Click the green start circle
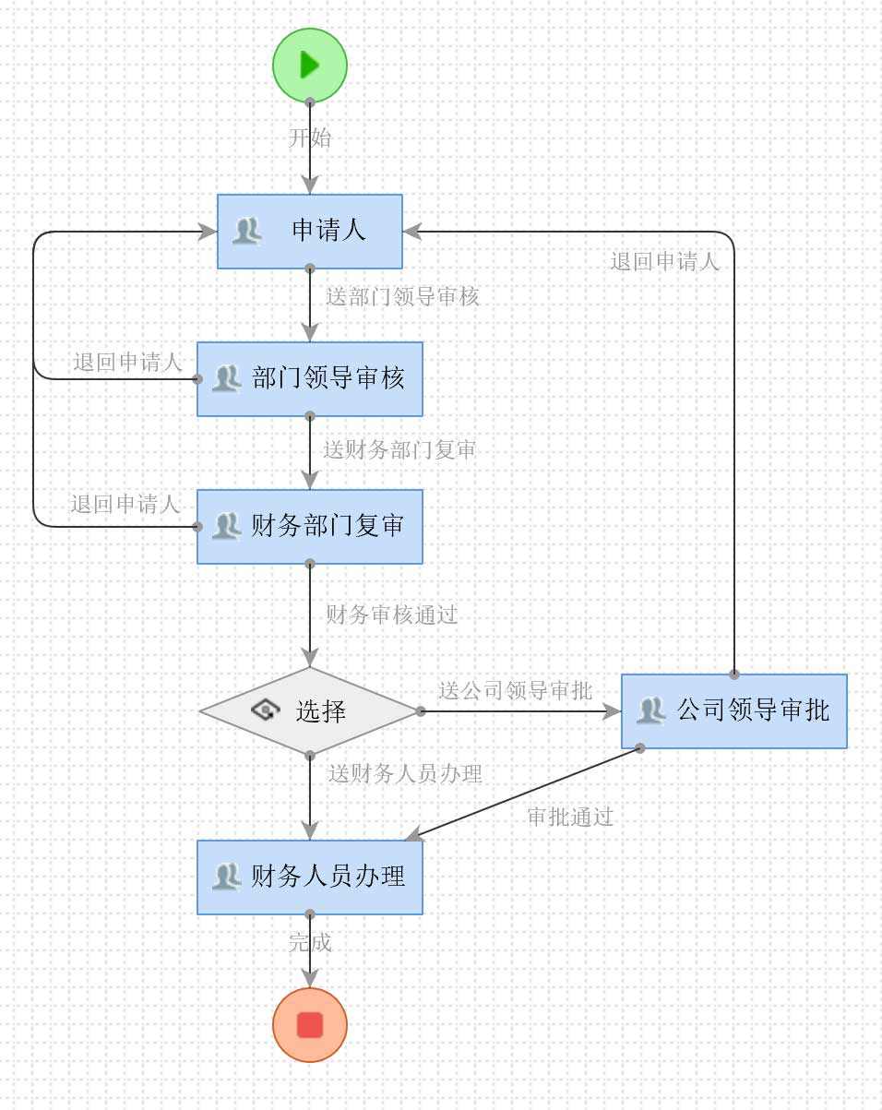click(310, 65)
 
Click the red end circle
click(310, 1024)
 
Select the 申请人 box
click(310, 231)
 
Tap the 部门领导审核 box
click(310, 378)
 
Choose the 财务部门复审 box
click(310, 526)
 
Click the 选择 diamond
click(310, 711)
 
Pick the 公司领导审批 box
click(734, 710)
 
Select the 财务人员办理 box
click(310, 877)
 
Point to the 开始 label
click(310, 138)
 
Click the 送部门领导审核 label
click(402, 297)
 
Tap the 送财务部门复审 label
click(399, 450)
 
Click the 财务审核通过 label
click(392, 615)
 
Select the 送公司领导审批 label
click(515, 691)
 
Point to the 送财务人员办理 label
click(405, 774)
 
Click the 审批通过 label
click(570, 818)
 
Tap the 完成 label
click(310, 943)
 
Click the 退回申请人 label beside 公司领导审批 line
click(664, 262)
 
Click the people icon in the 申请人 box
click(246, 231)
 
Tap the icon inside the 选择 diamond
click(265, 710)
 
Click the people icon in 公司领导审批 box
click(651, 710)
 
